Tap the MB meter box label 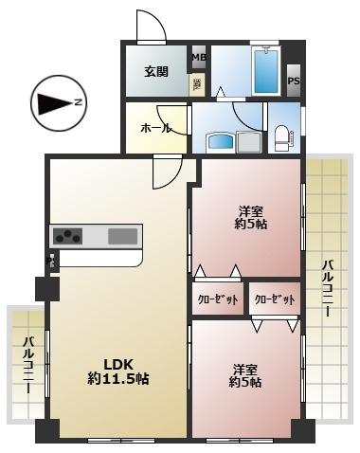point(199,57)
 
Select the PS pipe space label point(294,82)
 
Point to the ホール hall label point(154,127)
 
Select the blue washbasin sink point(221,143)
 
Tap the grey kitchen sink point(123,236)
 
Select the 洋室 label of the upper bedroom point(248,210)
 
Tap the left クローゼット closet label point(217,299)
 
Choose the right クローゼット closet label point(275,299)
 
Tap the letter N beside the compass point(79,102)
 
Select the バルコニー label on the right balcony point(327,288)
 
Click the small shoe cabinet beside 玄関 point(197,83)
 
